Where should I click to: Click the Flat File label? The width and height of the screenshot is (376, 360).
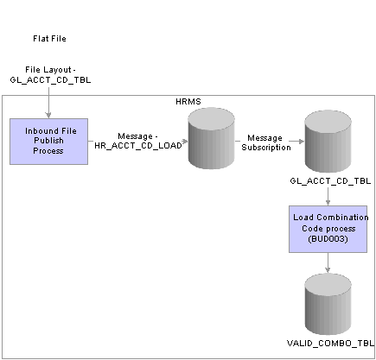(x=49, y=39)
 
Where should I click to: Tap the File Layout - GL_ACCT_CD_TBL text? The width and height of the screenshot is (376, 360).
(x=50, y=75)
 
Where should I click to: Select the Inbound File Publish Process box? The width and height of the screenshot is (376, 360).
(x=48, y=142)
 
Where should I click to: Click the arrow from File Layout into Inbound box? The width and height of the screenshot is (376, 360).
(x=48, y=103)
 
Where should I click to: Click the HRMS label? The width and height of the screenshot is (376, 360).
(x=188, y=102)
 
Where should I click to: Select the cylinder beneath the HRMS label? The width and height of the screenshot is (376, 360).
(x=211, y=138)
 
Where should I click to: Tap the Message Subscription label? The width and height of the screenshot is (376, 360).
(x=266, y=142)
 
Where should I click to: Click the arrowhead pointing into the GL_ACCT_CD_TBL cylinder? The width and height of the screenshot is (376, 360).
(x=302, y=142)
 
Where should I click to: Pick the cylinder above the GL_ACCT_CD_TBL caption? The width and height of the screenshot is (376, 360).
(x=328, y=142)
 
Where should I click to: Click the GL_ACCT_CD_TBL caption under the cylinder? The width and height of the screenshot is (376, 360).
(x=330, y=181)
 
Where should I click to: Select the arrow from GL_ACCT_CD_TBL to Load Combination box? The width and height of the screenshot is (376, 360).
(x=328, y=197)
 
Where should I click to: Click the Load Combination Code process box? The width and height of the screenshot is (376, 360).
(x=328, y=229)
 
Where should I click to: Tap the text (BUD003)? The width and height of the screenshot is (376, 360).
(x=328, y=239)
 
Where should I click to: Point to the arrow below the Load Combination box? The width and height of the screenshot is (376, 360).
(x=328, y=262)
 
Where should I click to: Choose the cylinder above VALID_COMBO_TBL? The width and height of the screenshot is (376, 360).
(x=328, y=304)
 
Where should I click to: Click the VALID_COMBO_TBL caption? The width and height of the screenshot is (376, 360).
(x=330, y=343)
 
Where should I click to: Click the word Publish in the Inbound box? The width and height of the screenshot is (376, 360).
(x=48, y=141)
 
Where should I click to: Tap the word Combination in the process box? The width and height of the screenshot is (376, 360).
(x=344, y=218)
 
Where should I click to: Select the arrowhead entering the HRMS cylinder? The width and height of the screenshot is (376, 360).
(x=185, y=141)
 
